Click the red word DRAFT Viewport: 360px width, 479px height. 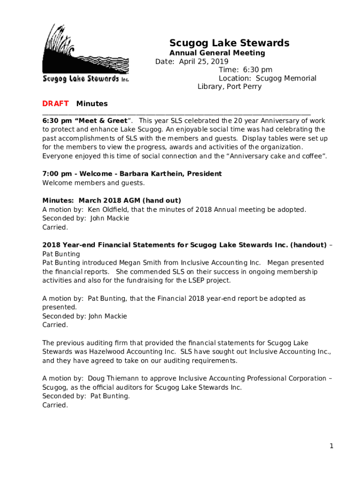[x=55, y=103]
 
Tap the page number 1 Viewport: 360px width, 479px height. [x=331, y=446]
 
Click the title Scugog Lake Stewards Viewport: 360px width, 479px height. [x=229, y=43]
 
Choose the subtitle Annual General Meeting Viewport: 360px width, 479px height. [x=217, y=53]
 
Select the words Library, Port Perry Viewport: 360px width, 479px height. [x=230, y=87]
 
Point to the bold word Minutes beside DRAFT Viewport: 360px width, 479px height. [x=92, y=103]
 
